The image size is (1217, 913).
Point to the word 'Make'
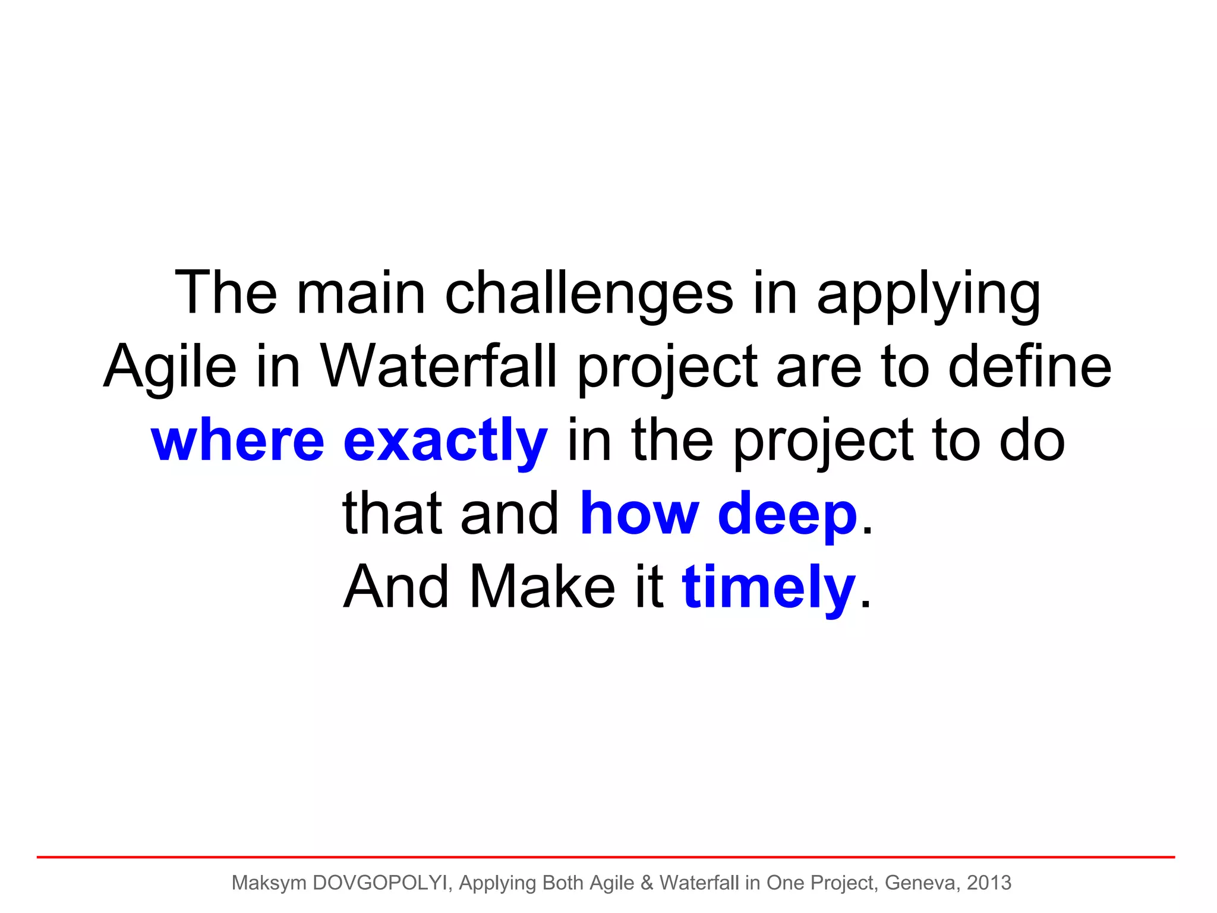point(542,587)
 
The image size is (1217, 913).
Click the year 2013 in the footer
point(989,883)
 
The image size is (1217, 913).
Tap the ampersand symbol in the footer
point(647,883)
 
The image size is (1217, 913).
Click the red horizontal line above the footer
point(606,857)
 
